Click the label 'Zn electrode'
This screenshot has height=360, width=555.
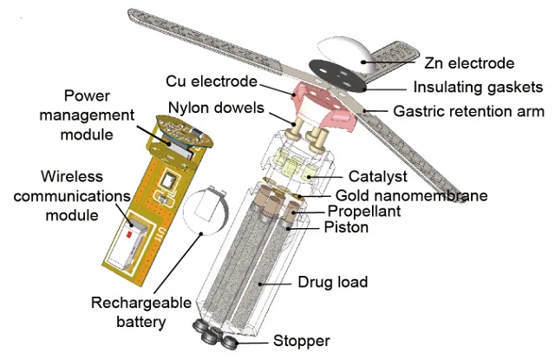(x=469, y=63)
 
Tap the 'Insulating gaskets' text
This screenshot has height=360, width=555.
(x=478, y=87)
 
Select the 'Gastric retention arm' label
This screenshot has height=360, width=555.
(x=468, y=111)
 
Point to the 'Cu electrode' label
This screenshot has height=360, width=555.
(x=212, y=82)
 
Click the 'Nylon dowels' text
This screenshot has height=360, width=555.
(x=216, y=108)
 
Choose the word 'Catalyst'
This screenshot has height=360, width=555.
(x=378, y=176)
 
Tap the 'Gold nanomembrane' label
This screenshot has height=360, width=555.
(x=411, y=195)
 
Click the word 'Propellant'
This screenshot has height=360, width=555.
(x=364, y=212)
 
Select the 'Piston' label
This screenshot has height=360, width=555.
(x=346, y=227)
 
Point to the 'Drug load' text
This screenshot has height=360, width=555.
(x=333, y=282)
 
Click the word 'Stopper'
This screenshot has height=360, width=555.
(x=301, y=341)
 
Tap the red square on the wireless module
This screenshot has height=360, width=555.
(x=129, y=234)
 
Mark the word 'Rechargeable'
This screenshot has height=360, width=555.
(x=140, y=303)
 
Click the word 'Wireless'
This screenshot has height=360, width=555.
(x=72, y=176)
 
